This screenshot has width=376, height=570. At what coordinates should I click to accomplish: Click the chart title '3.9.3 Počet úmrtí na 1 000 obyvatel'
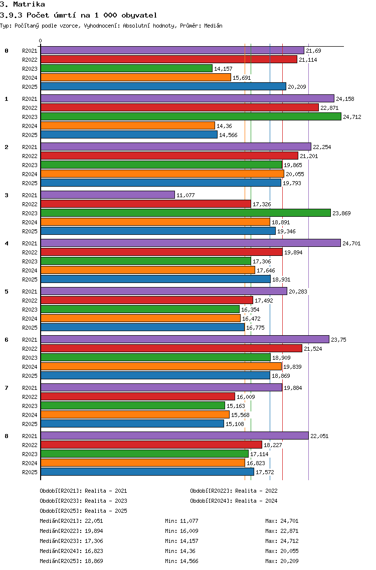point(79,15)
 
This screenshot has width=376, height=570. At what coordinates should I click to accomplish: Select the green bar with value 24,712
point(191,117)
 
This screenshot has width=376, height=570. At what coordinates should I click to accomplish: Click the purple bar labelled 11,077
point(107,195)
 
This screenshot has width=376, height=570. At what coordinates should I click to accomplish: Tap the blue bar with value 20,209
point(163,86)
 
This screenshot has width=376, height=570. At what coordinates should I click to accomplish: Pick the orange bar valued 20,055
point(162,174)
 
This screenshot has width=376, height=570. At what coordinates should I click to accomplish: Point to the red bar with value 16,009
point(138,396)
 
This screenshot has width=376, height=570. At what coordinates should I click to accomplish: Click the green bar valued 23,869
point(185,213)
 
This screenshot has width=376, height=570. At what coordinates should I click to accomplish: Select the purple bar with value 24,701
point(191,243)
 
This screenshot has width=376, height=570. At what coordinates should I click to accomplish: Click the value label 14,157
point(223,69)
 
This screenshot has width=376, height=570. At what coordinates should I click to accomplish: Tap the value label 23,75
point(338,340)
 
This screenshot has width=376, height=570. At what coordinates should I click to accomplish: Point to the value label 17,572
point(265,472)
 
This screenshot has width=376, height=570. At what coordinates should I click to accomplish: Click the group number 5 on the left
point(7,292)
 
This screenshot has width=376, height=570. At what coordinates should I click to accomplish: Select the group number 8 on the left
point(7,436)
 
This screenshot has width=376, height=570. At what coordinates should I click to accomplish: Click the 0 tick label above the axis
point(40,41)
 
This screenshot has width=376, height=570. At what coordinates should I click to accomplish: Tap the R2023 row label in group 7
point(30,406)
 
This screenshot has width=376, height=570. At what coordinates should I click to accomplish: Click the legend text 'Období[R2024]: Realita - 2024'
point(234,501)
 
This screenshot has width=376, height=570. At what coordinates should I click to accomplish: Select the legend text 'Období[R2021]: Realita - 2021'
point(83,491)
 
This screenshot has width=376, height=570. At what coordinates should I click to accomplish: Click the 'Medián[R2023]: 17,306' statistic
point(71,541)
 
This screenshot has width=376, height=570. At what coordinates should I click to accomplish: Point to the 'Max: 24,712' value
point(282,541)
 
